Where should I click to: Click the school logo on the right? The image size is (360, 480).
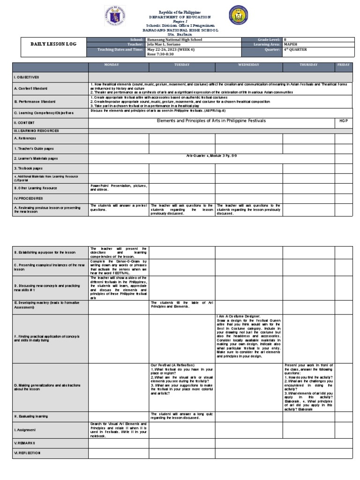[238, 16]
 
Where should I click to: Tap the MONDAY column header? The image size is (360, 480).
[119, 65]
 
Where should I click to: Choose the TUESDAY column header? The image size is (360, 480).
[182, 65]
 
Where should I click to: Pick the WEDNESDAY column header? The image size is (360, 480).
[248, 65]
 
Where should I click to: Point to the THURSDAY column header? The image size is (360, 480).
[309, 65]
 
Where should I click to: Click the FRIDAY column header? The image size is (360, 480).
[343, 65]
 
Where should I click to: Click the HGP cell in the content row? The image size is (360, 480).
[343, 120]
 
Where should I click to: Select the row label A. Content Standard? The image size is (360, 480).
[30, 88]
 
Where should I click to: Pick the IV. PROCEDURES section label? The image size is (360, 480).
[30, 199]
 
